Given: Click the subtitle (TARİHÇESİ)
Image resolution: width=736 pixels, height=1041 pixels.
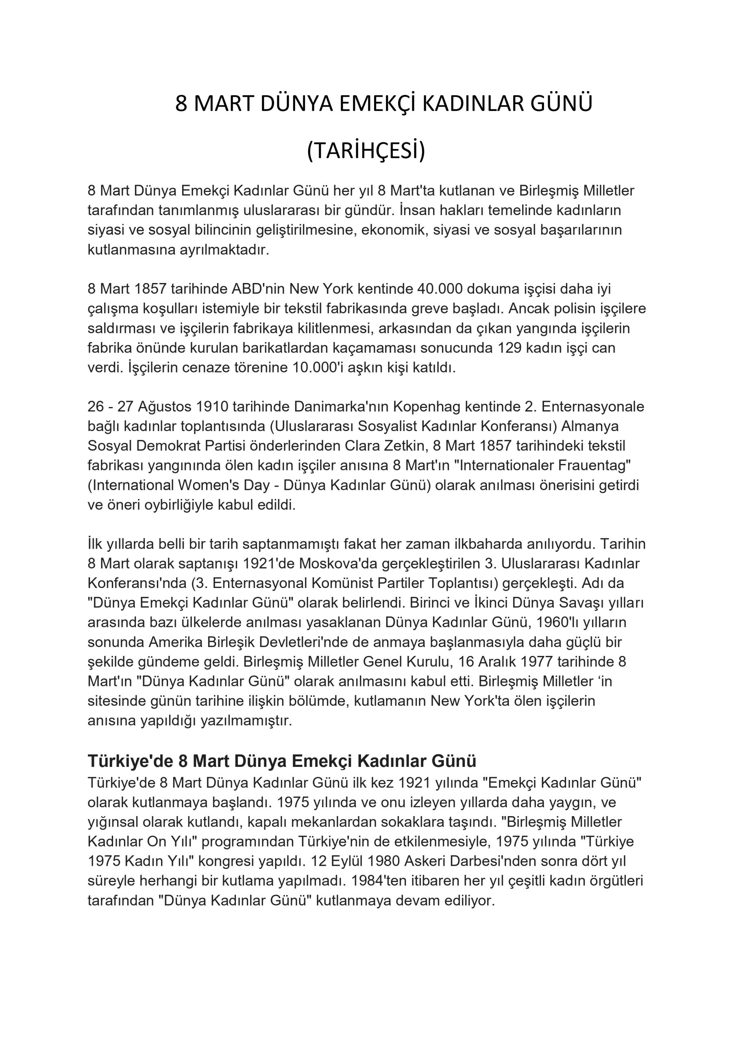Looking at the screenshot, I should coord(366,151).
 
